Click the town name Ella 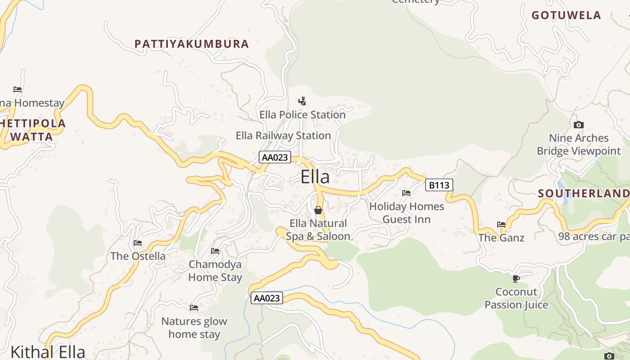[315, 177]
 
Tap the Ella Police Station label [302, 115]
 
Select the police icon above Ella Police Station [302, 101]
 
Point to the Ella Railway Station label [283, 135]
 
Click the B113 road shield [439, 184]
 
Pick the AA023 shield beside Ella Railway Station [275, 157]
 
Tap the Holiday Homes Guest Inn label [406, 213]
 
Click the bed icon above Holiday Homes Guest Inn [406, 193]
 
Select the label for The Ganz [501, 238]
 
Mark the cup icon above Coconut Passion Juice [516, 279]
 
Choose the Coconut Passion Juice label [516, 298]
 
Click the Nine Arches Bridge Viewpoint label [579, 144]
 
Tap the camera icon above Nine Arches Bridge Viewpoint [579, 125]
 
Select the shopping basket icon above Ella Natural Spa [318, 210]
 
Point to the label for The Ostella [138, 256]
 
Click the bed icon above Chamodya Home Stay [215, 251]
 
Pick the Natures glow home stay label [194, 328]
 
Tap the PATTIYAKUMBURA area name [192, 44]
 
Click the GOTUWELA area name [566, 15]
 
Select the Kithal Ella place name [48, 351]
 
